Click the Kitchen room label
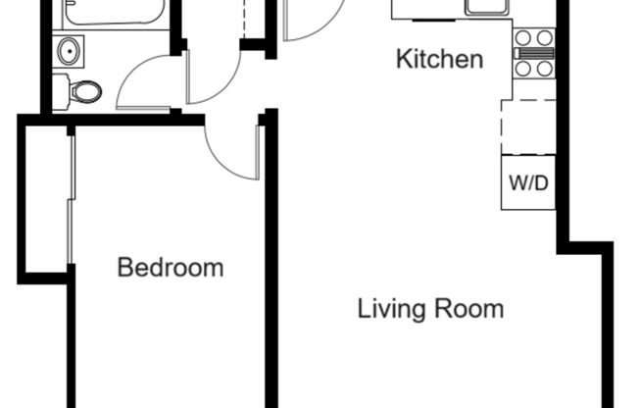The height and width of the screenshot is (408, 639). pyautogui.click(x=439, y=59)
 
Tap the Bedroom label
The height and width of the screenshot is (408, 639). pyautogui.click(x=170, y=267)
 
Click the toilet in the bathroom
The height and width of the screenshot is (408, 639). pyautogui.click(x=84, y=92)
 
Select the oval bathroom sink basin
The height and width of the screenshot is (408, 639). pyautogui.click(x=69, y=50)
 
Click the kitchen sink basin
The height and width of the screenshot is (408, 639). pyautogui.click(x=486, y=6)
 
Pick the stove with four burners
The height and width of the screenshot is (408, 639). pyautogui.click(x=534, y=53)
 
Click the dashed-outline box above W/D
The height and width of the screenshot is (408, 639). pyautogui.click(x=527, y=127)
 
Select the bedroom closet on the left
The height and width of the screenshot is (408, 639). pyautogui.click(x=44, y=196)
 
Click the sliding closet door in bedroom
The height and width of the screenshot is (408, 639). pyautogui.click(x=71, y=196)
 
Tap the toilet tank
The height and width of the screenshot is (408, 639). pyautogui.click(x=61, y=90)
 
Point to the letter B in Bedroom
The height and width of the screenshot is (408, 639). pyautogui.click(x=124, y=267)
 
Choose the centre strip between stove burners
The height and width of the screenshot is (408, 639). pyautogui.click(x=534, y=53)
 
